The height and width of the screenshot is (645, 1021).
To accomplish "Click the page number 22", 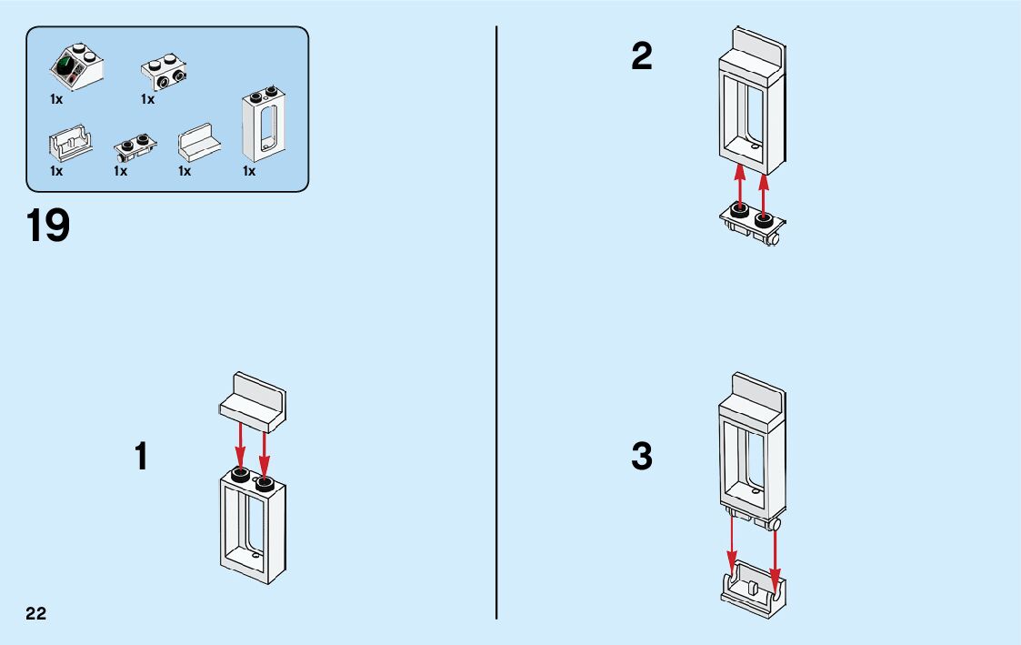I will click(36, 612).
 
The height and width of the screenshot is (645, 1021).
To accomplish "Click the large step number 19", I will click(48, 226).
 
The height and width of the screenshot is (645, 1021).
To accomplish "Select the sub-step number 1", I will click(141, 456).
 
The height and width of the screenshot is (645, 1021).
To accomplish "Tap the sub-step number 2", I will click(642, 58).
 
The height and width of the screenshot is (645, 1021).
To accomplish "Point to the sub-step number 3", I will click(642, 457).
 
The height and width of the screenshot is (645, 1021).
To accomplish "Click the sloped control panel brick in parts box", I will click(75, 68).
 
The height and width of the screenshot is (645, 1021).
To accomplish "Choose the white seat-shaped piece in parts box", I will click(199, 144).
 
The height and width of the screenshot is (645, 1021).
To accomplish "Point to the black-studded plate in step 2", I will click(753, 223).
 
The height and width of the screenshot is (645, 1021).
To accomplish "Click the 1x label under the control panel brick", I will click(56, 100).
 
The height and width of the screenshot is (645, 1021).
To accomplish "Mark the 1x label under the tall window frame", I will click(249, 171).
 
